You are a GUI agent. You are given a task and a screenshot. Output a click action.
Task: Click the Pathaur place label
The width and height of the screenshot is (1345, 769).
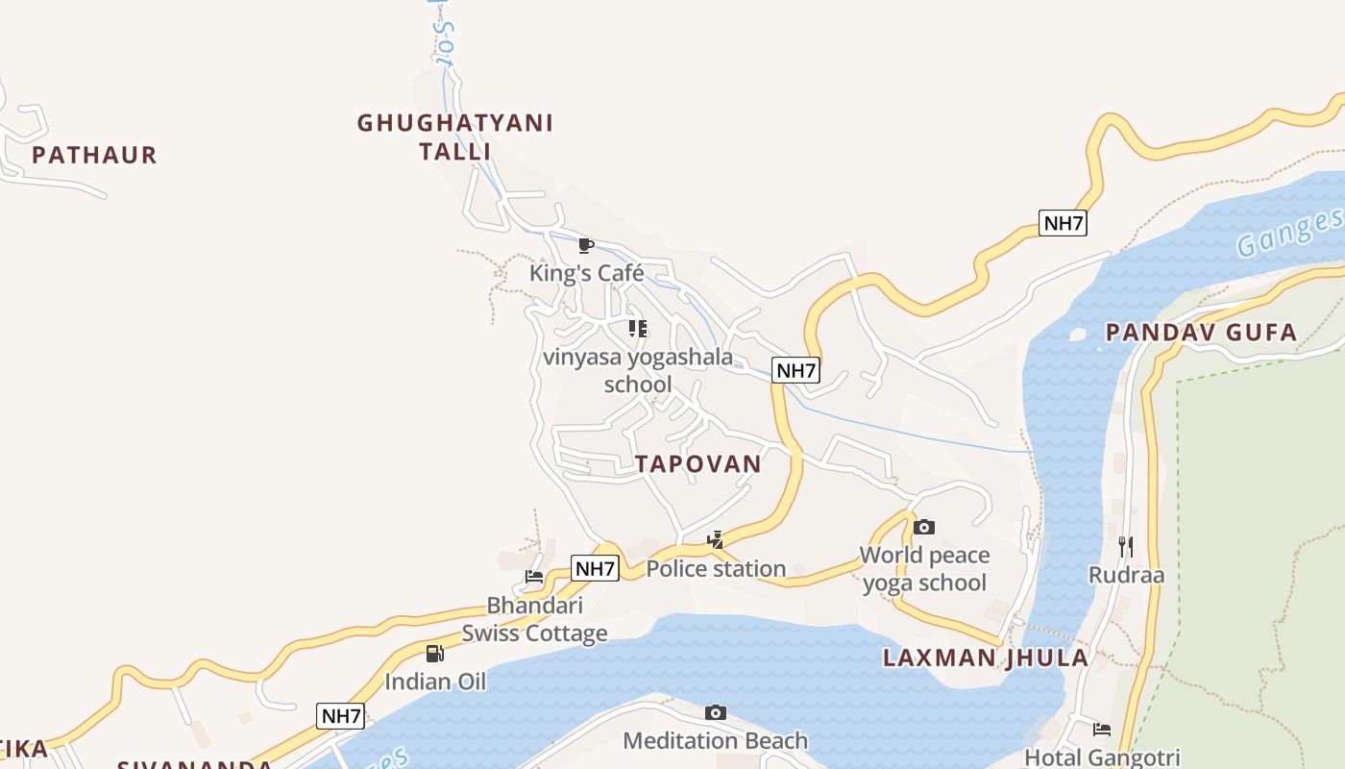94,155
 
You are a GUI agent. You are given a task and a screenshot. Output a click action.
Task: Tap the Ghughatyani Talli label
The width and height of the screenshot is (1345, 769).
455,136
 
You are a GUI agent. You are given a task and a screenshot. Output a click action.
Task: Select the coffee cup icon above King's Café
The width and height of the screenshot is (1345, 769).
586,246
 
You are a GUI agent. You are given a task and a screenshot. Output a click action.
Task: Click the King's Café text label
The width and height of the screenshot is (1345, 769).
586,274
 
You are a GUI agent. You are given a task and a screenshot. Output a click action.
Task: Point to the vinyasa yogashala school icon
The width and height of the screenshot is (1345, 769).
638,329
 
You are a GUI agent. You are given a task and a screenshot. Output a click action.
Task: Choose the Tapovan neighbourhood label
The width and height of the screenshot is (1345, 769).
698,464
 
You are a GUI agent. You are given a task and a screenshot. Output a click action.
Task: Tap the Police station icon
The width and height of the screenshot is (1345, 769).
716,540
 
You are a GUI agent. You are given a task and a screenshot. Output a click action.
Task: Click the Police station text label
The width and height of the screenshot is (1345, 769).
716,569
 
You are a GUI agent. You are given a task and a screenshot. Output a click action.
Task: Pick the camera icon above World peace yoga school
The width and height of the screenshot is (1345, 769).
924,527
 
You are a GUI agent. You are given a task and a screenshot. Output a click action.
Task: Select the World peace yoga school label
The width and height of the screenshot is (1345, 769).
924,569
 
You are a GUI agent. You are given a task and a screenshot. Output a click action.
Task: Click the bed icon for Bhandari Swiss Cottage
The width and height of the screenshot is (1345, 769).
534,577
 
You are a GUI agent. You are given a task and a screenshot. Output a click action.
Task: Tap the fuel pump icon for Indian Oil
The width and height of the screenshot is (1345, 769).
435,654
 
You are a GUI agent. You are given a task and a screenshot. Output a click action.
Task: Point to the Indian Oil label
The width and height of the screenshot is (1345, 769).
435,682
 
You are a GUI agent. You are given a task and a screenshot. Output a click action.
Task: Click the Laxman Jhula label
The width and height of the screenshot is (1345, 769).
986,658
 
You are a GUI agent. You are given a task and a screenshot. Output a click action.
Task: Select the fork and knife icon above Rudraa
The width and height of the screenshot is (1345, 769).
1126,547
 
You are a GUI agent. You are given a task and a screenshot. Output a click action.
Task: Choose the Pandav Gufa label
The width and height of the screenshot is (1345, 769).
1201,334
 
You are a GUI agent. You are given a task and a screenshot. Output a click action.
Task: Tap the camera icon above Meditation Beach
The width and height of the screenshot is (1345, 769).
715,712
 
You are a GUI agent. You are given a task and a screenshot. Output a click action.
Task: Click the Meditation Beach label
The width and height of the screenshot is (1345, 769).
716,741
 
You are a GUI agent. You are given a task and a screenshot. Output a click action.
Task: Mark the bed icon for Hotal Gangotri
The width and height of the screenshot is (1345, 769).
1102,730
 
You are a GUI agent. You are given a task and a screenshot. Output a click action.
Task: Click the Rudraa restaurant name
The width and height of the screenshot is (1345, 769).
1126,576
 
